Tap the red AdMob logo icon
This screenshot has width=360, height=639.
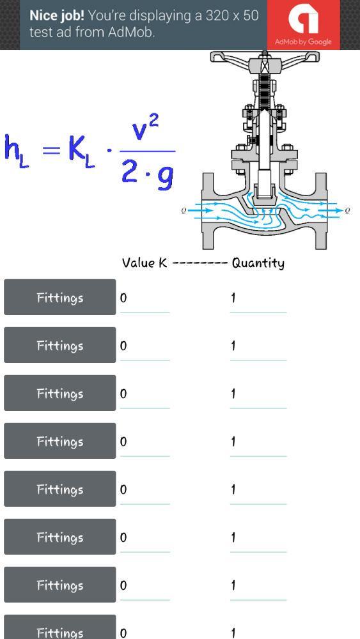tap(303, 24)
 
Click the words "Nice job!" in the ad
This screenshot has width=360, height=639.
tap(57, 16)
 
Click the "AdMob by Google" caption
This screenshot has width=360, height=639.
tap(303, 42)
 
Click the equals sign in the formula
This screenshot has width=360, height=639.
tap(51, 150)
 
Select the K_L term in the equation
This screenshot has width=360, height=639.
tap(82, 151)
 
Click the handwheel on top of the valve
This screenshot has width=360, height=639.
tap(265, 58)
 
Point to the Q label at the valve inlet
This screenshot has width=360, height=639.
tap(184, 210)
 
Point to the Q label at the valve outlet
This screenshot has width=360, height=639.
tap(347, 210)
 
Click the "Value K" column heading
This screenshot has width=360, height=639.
tap(145, 263)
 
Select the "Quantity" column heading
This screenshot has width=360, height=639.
tap(258, 263)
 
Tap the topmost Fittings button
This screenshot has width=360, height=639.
tap(60, 297)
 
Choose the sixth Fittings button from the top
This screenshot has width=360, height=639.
tap(60, 537)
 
